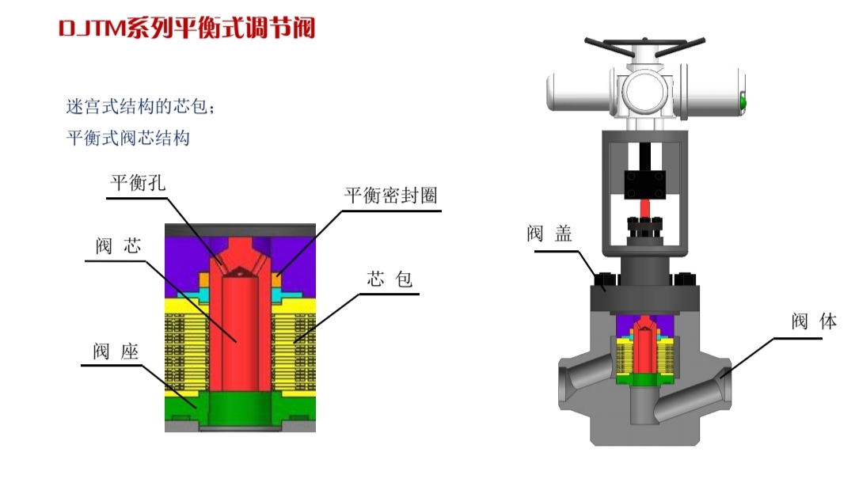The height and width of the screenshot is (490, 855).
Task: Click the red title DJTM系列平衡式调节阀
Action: (187, 28)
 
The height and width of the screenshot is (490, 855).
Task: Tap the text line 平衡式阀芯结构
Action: (128, 138)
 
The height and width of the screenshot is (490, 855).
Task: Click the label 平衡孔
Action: (138, 183)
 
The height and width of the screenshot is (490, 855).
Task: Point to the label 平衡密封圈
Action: (390, 195)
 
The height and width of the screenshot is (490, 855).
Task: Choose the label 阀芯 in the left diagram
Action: (118, 246)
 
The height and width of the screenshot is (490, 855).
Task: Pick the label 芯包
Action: (389, 279)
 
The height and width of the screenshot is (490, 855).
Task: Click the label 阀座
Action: (116, 351)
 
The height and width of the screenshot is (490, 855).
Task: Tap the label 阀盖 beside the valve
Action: (549, 234)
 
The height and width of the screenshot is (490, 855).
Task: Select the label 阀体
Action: (814, 321)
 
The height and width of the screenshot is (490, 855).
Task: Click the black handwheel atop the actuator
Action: (644, 46)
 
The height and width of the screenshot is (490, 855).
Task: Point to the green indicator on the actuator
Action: (742, 102)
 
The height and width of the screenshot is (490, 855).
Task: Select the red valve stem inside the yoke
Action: (645, 208)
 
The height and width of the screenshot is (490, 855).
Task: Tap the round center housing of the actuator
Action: (645, 91)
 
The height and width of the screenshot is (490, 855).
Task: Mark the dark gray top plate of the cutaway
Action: (240, 230)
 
